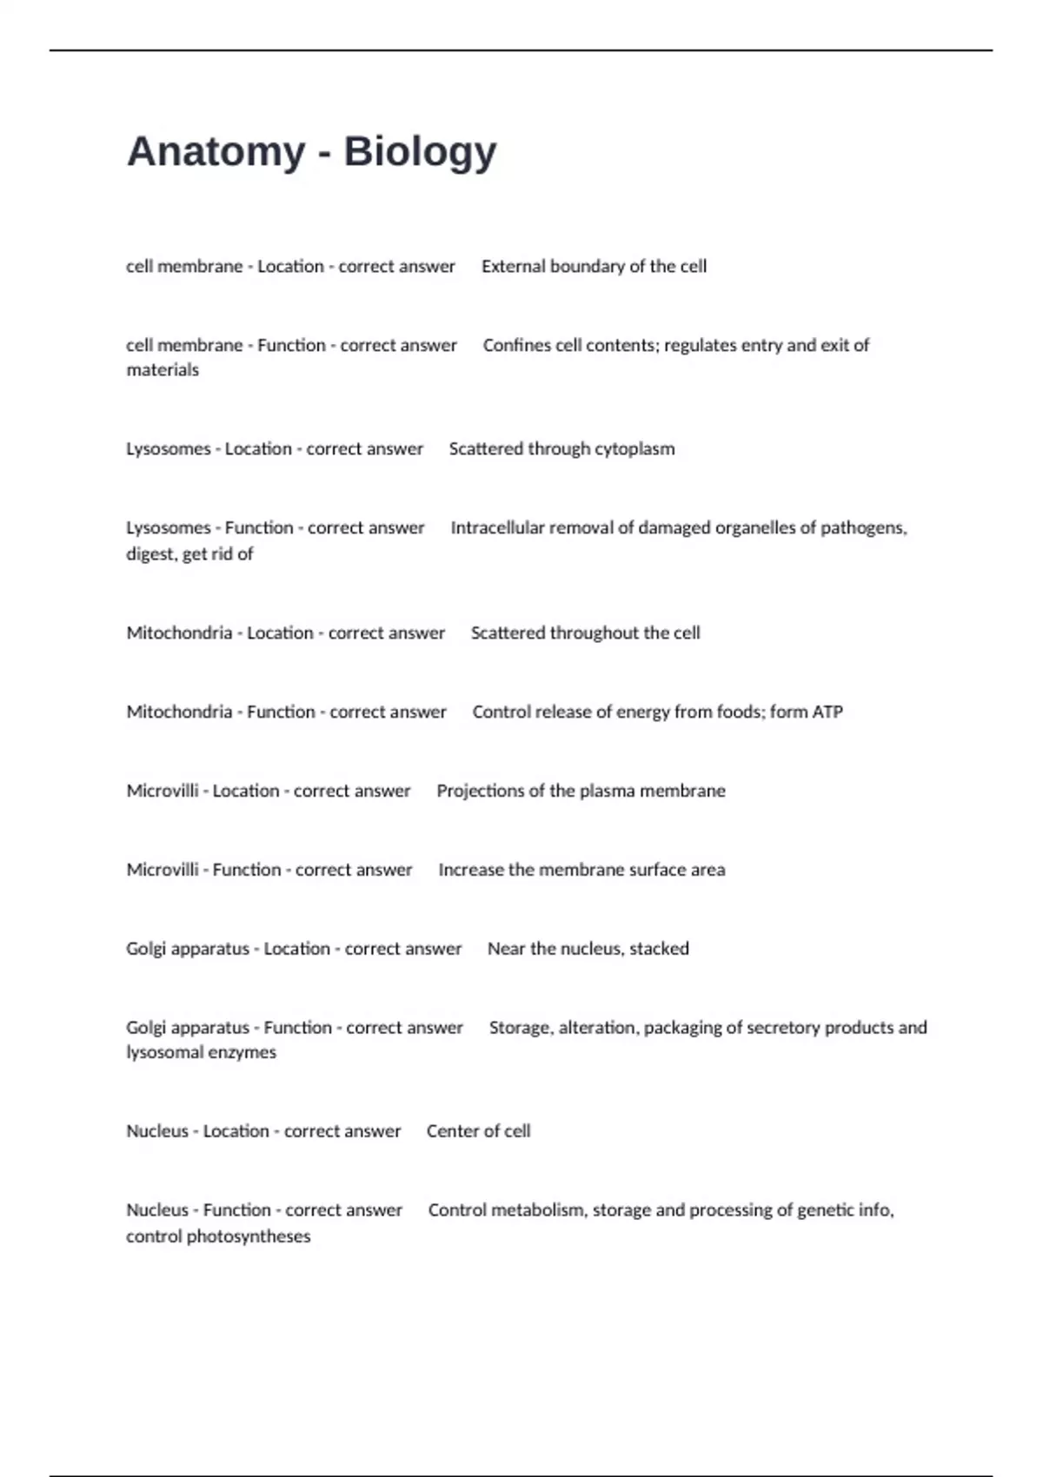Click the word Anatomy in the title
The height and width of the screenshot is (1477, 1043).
coord(216,152)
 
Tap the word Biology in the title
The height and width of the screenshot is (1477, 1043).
coord(420,152)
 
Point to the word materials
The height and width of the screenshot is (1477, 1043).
coord(163,370)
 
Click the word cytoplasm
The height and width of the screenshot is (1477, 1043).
coord(633,449)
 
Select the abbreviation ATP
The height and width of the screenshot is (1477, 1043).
coord(827,712)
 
